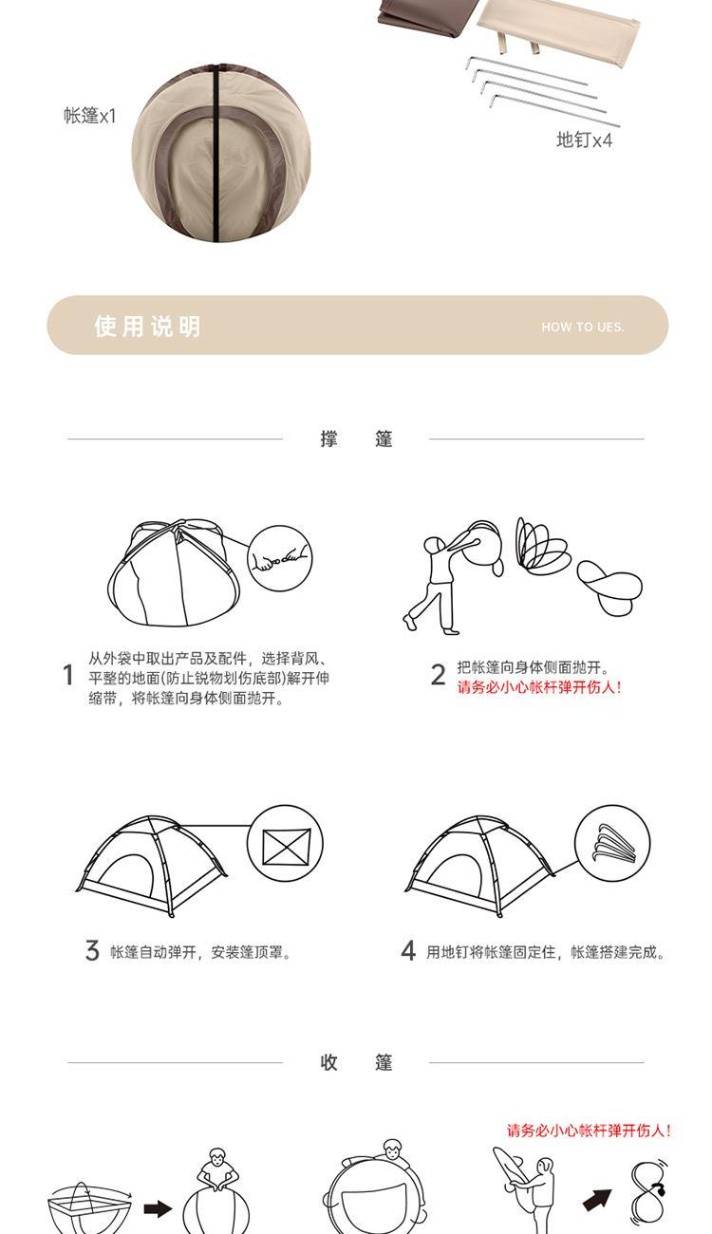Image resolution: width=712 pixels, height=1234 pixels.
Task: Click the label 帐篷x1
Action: tap(90, 116)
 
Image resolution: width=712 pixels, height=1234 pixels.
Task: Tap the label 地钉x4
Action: tap(584, 140)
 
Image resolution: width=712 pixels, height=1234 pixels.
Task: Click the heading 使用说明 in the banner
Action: tap(148, 327)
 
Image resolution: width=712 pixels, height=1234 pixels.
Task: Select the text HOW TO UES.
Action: tap(583, 327)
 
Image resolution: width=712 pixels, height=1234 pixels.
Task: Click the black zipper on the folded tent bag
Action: tap(217, 152)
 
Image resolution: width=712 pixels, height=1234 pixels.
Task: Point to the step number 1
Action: tap(67, 675)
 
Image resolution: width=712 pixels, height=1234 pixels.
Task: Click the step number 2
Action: tap(438, 675)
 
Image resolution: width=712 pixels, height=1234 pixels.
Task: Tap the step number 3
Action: tap(92, 950)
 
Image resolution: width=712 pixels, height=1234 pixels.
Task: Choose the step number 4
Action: tap(408, 950)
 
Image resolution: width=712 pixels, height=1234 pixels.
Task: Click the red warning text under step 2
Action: tap(539, 687)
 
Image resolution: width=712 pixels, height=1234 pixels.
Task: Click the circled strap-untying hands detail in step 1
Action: tap(279, 558)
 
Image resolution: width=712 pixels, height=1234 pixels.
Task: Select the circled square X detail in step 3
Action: tap(285, 844)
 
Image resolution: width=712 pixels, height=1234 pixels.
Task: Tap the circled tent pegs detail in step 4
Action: tap(612, 843)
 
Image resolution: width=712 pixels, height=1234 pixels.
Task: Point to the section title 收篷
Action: tap(356, 1062)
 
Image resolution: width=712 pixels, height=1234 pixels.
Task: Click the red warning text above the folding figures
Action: tap(590, 1131)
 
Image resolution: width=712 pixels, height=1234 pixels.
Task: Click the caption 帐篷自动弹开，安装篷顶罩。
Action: tap(200, 952)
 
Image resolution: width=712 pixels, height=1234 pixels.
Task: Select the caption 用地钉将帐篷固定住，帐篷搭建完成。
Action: tap(546, 952)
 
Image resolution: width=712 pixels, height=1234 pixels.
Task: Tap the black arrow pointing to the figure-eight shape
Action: tap(597, 1199)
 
